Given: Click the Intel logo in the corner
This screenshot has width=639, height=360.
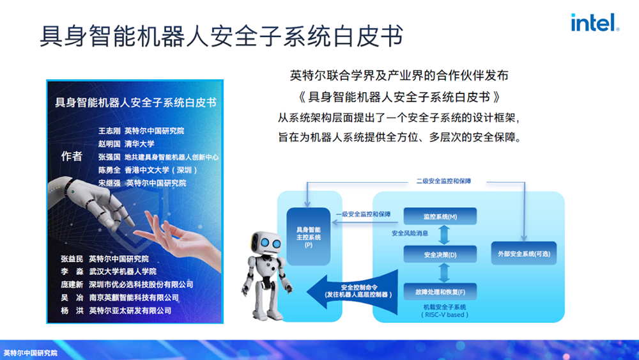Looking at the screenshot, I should [x=594, y=23].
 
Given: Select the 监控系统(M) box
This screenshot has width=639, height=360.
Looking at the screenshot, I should [x=440, y=216].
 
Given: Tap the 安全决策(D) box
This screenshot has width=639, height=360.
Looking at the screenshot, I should [x=440, y=255].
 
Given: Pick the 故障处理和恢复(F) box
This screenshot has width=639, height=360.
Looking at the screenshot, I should [x=440, y=292].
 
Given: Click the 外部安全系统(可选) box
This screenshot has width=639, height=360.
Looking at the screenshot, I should [x=523, y=254].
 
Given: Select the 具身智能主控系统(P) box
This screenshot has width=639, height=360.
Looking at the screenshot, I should [x=308, y=237].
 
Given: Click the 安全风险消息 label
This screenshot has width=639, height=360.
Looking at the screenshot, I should [x=410, y=233].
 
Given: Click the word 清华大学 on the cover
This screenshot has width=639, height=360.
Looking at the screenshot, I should [x=139, y=144].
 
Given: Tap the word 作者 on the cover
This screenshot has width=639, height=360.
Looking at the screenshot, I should [x=71, y=156].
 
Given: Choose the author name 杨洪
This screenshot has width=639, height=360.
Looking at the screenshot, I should [x=72, y=311].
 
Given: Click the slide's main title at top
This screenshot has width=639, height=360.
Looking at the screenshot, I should [x=221, y=36].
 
